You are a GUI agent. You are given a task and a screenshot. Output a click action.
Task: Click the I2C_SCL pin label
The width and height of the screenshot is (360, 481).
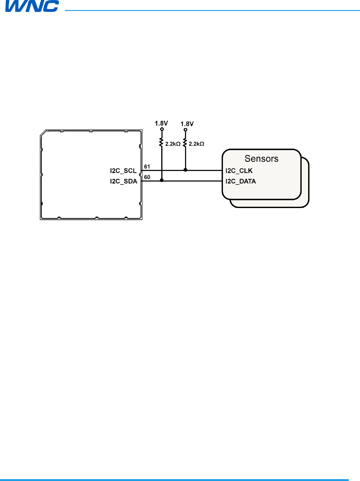[x=123, y=171]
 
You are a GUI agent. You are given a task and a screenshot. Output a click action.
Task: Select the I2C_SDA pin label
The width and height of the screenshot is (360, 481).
[x=124, y=181]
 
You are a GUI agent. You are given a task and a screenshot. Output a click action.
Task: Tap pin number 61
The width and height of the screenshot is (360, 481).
[x=147, y=167]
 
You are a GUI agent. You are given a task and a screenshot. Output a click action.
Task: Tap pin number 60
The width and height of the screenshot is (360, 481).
[x=147, y=177]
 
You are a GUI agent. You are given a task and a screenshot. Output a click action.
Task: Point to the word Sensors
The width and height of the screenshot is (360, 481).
[x=261, y=159]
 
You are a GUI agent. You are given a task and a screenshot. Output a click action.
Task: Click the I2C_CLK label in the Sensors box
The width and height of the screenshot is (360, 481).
[x=239, y=171]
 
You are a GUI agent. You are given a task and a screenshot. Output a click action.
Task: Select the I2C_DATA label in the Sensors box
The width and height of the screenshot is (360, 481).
[x=241, y=181]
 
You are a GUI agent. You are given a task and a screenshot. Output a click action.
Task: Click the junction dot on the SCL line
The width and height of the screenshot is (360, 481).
[x=185, y=170]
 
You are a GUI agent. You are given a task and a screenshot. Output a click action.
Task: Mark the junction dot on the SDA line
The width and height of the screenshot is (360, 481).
[x=162, y=180]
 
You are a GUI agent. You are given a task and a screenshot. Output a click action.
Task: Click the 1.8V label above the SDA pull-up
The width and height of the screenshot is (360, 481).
[x=161, y=123]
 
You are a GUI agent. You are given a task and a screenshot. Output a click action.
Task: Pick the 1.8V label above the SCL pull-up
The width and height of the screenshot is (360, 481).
[x=187, y=124]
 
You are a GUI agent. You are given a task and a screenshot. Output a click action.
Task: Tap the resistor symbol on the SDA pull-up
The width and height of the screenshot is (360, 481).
[x=161, y=142]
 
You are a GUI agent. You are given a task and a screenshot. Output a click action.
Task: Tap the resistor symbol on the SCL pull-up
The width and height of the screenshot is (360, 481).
[x=185, y=143]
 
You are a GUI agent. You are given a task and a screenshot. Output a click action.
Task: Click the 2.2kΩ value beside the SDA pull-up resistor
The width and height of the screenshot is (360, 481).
[x=173, y=144]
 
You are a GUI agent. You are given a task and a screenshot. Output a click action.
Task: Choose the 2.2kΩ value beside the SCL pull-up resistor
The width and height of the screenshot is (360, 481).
[x=197, y=144]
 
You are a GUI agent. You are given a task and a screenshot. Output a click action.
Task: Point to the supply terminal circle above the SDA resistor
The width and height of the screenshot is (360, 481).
[x=162, y=129]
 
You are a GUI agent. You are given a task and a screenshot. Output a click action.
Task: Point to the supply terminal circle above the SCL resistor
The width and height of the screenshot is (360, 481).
[x=185, y=130]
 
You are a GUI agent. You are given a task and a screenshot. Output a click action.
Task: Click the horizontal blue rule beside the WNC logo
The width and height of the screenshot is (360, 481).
[x=210, y=10]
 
